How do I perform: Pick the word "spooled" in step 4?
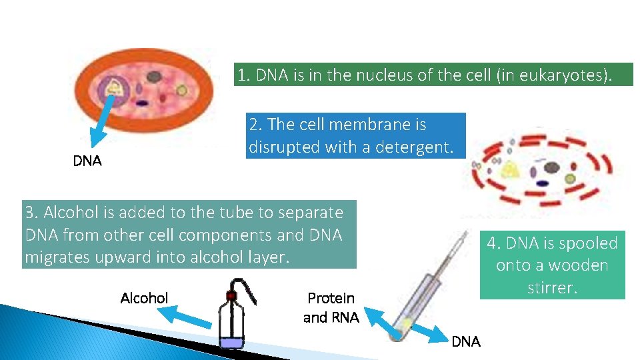tap(589, 243)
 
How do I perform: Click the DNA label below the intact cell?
tap(87, 161)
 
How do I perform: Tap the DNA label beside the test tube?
tap(465, 341)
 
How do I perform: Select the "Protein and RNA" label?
tap(331, 307)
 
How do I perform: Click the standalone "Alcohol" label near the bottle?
tap(144, 298)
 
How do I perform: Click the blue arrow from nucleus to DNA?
tap(104, 121)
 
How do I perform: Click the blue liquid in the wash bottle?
tap(231, 343)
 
